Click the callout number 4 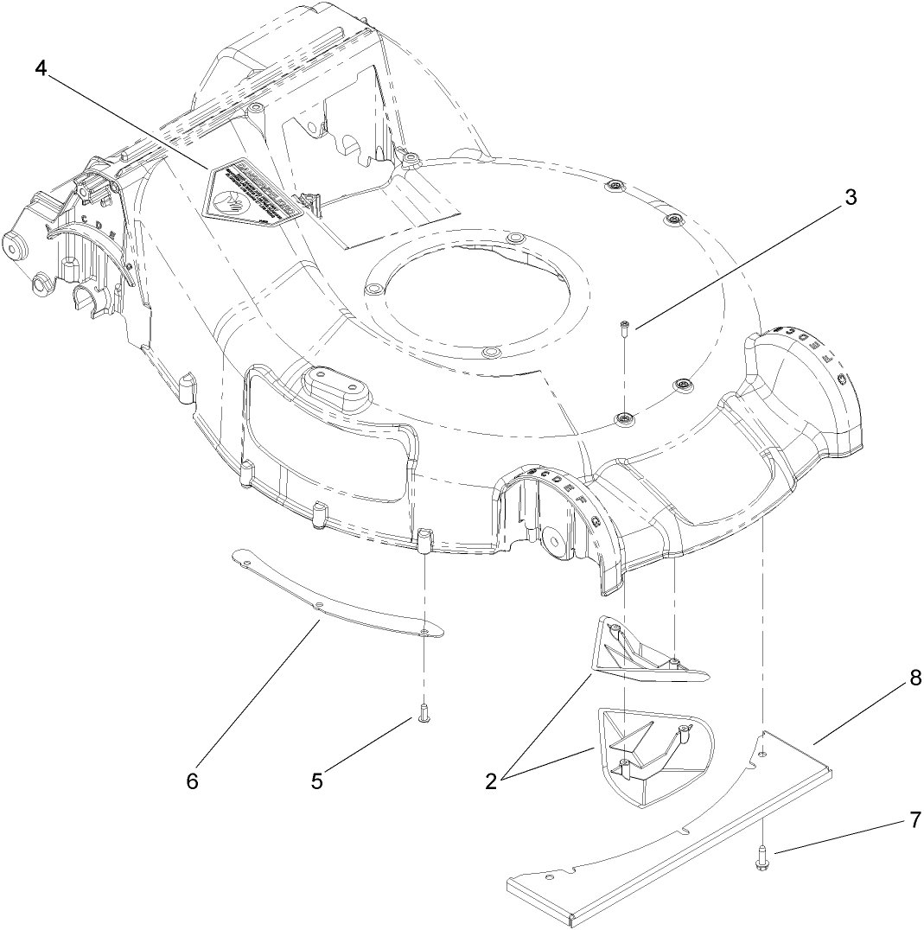point(40,67)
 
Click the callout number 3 point(851,196)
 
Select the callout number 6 point(192,780)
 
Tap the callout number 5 point(317,780)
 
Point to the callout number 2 point(491,780)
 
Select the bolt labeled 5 point(424,714)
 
